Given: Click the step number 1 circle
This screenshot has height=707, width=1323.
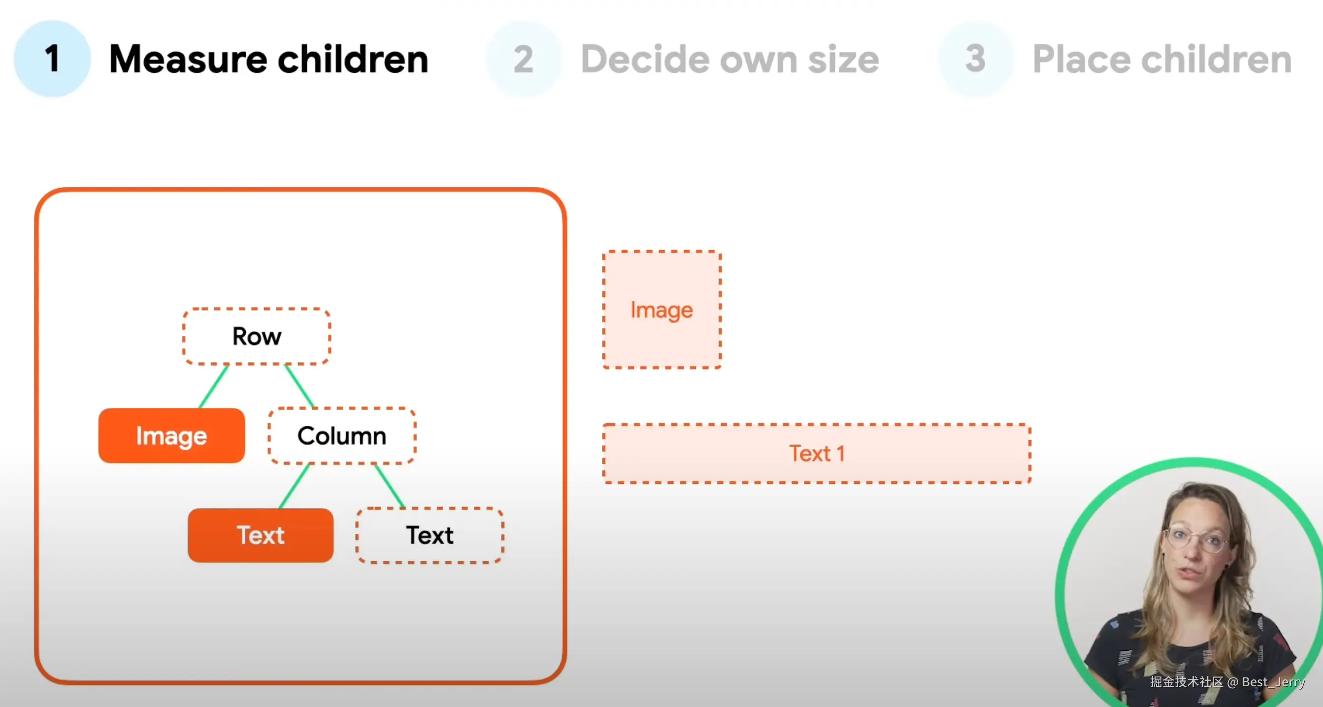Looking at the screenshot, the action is point(52,59).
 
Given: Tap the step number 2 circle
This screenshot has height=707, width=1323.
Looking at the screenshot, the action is point(524,59).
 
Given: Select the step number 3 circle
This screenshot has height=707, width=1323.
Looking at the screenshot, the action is point(976,59).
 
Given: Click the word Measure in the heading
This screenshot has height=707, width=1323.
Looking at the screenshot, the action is point(188,59).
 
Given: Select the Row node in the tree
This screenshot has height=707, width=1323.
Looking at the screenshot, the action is point(257,336).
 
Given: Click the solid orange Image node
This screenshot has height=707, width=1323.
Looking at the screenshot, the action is point(171,435).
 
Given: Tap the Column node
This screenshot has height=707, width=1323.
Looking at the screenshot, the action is point(341,435).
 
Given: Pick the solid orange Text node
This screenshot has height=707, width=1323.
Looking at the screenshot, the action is point(261,535).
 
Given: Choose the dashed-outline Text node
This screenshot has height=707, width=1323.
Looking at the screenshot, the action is point(430,535).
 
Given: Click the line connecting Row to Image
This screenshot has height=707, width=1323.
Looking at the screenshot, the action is point(214,386).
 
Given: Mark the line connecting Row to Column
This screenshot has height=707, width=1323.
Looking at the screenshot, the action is point(299,386).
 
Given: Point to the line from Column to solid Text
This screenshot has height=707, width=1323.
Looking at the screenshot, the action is point(294,486).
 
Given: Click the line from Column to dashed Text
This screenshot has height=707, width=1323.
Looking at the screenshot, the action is point(390,486).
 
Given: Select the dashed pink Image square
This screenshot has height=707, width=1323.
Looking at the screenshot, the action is point(662,310).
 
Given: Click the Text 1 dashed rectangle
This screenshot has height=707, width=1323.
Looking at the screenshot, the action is point(817,453).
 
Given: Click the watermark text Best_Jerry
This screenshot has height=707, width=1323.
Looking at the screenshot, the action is point(1273,682).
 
